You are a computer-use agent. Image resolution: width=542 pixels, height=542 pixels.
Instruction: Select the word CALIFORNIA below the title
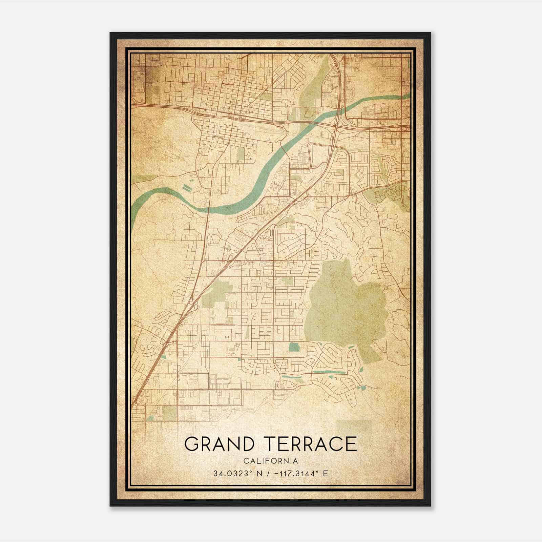(x=270, y=461)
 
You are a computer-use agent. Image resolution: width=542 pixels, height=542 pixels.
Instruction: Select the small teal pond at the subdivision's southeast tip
(x=363, y=387)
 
